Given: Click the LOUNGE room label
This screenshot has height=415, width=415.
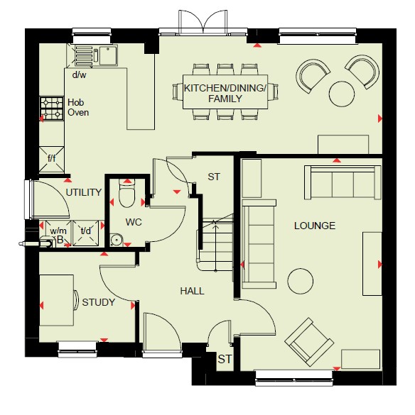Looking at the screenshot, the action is (315, 226).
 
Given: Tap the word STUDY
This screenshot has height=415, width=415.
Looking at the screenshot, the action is (98, 302).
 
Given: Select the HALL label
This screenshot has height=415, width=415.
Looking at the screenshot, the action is (193, 291).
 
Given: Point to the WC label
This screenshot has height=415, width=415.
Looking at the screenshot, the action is (134, 222).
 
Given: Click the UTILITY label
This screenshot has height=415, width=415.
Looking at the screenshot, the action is (84, 192).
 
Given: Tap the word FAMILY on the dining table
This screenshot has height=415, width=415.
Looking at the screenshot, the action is (225, 99).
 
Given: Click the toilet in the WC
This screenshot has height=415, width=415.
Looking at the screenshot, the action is (127, 193).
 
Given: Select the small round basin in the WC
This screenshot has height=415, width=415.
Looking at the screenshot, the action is (116, 240).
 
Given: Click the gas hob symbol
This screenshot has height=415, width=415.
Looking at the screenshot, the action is (52, 109).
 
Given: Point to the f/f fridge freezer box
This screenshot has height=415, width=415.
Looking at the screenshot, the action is (52, 160).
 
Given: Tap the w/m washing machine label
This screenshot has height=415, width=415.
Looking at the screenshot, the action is (58, 231).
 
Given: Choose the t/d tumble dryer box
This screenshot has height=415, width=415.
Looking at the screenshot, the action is (86, 233).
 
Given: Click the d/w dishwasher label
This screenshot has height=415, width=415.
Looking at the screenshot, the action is (80, 75).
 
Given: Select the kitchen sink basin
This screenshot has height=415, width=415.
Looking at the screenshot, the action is (109, 55).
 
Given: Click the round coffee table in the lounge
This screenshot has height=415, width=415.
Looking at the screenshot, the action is (301, 281).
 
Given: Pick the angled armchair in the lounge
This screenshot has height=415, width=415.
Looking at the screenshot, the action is (309, 342).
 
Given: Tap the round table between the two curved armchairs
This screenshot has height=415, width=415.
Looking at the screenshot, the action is (342, 94).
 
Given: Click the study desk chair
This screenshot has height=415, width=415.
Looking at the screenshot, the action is (76, 300).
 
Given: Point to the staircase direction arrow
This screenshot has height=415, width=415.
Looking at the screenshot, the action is (215, 247).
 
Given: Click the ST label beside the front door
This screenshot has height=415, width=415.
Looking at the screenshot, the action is (225, 359).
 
